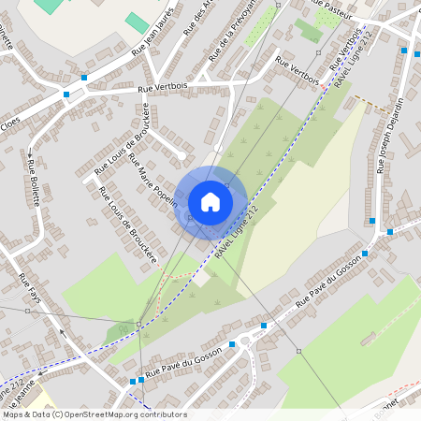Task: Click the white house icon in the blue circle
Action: tap(210, 201)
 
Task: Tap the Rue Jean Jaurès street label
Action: tap(160, 38)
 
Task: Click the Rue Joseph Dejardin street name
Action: tap(391, 137)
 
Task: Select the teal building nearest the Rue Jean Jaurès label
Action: tap(137, 22)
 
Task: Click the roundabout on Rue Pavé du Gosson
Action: tap(252, 337)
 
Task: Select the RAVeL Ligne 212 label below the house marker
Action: tap(233, 234)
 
